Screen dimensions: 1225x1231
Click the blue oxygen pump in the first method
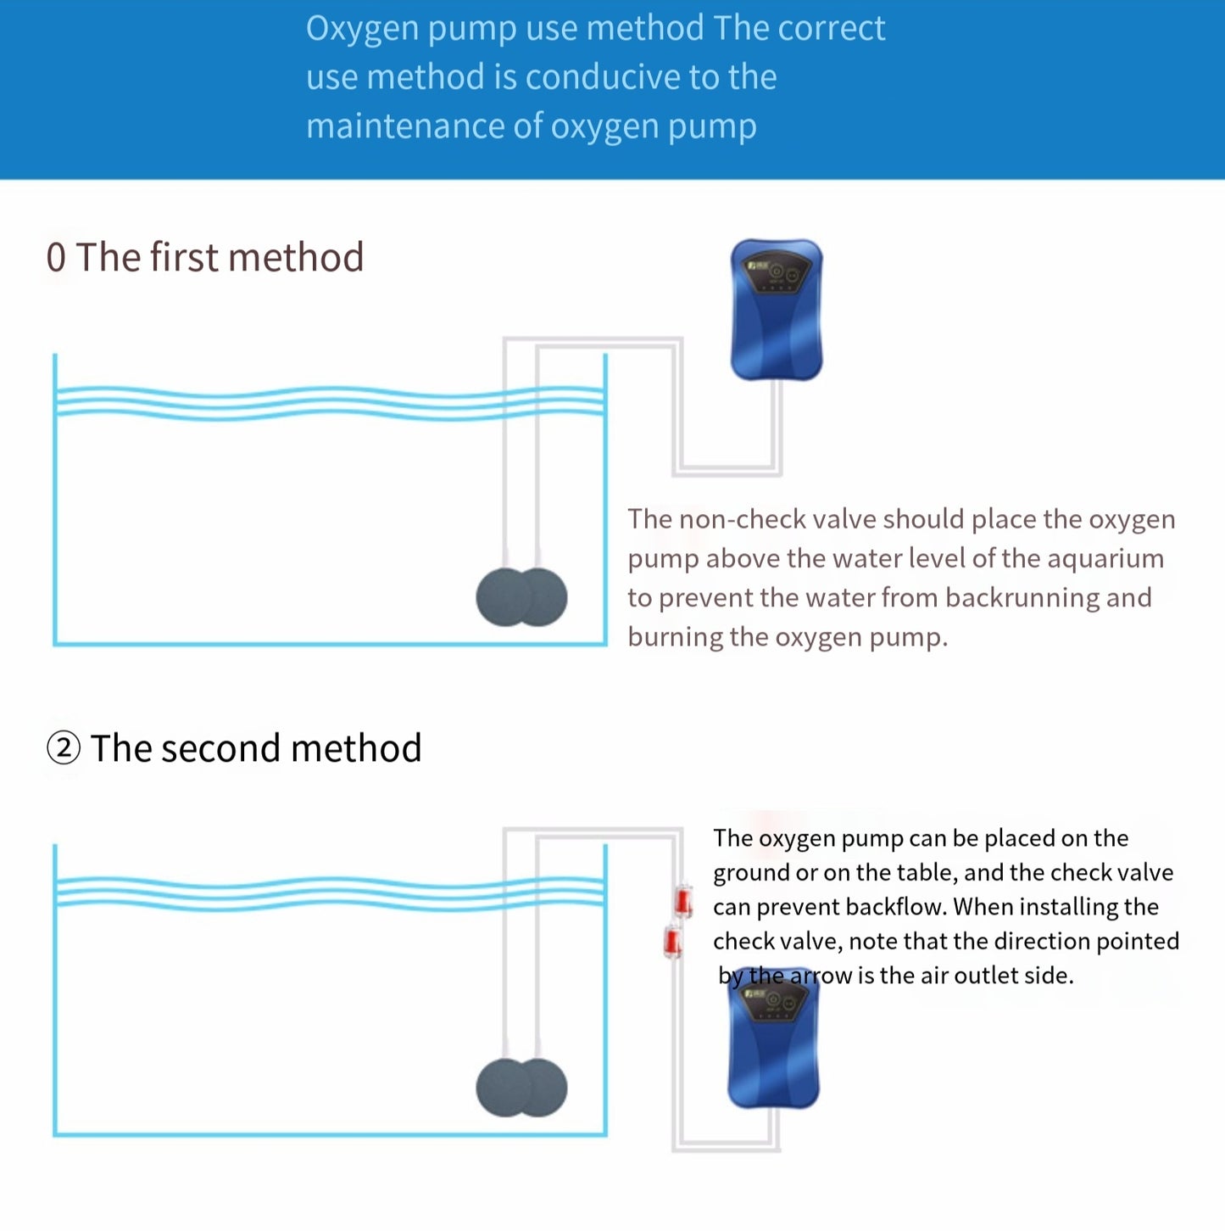tap(777, 310)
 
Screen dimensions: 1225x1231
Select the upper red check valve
tap(683, 901)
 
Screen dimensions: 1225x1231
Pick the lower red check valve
tap(672, 942)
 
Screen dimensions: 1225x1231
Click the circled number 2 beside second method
tap(64, 748)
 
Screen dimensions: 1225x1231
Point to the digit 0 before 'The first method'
tap(56, 257)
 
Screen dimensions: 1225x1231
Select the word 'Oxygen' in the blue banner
tap(363, 30)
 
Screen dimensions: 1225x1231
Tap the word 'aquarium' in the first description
tap(1105, 559)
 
